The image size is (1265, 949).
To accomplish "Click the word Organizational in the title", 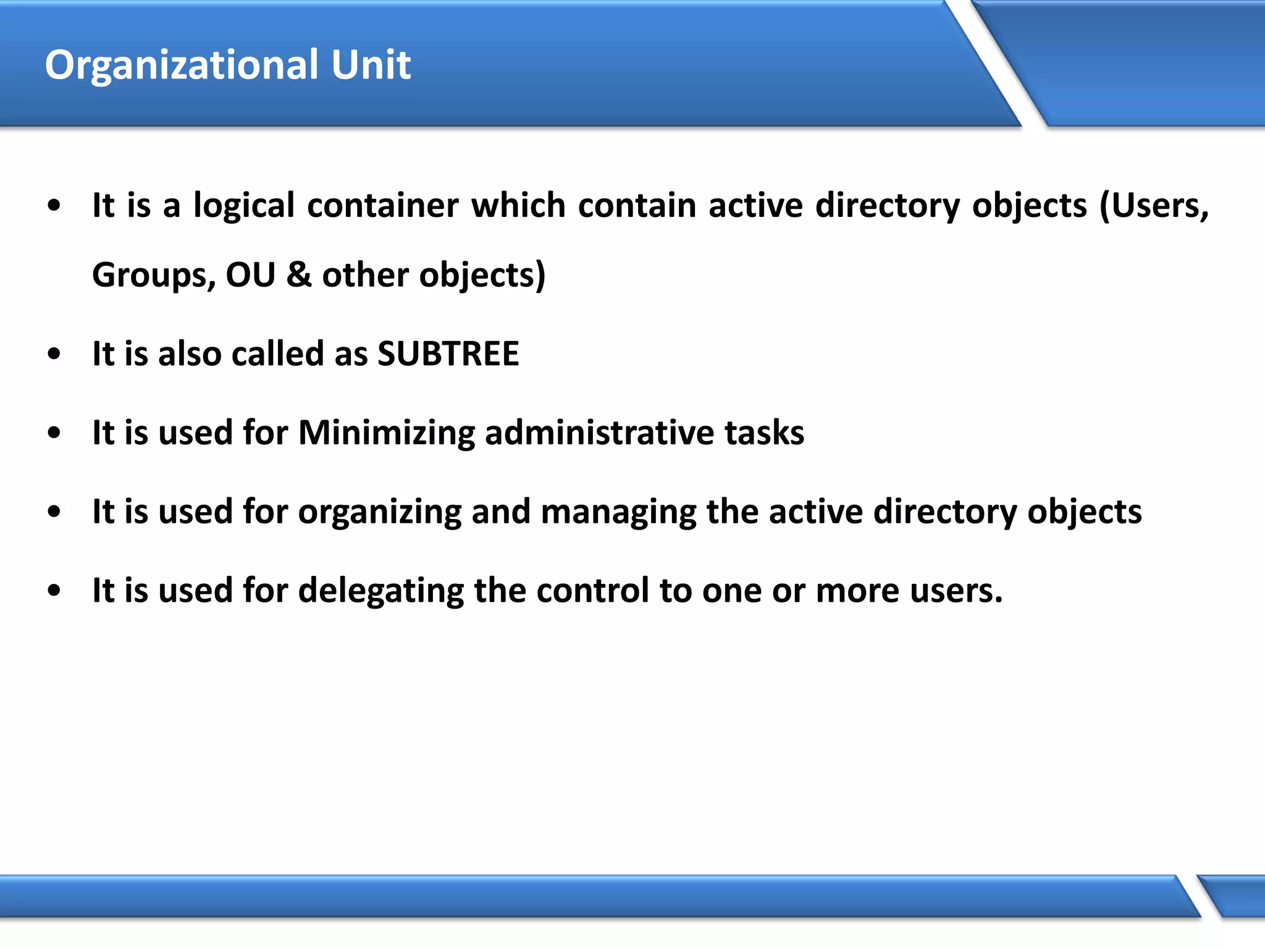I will (182, 65).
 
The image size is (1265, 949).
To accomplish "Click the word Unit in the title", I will (371, 65).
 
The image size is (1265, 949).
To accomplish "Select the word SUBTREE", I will (448, 354).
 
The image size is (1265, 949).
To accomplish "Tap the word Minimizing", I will (386, 433).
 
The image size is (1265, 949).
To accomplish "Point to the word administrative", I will (599, 432).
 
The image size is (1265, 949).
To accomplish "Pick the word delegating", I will (380, 591).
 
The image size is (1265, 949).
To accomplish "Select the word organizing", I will (379, 513).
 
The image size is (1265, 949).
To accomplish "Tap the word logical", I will (244, 206).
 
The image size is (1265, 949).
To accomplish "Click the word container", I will (383, 206).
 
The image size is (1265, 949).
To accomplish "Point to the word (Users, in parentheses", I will (1154, 206).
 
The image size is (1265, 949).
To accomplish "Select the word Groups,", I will (154, 275).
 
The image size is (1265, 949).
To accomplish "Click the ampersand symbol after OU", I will (299, 275).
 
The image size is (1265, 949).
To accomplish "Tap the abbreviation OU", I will (250, 275).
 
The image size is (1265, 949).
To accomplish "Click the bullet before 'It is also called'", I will (54, 355).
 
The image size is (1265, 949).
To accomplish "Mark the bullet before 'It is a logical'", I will (54, 206).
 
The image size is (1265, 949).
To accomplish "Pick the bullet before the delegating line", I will (54, 591).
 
